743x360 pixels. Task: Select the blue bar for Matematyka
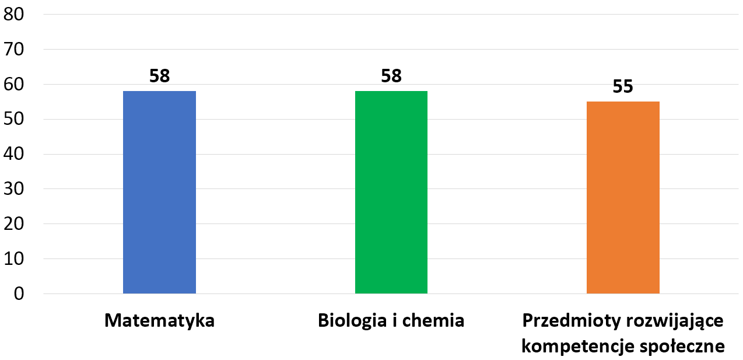159,192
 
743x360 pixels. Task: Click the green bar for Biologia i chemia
391,192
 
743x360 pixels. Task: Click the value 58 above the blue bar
159,76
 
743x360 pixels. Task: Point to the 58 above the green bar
391,76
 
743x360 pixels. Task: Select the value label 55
623,87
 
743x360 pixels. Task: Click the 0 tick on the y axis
17,294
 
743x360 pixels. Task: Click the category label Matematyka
159,321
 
